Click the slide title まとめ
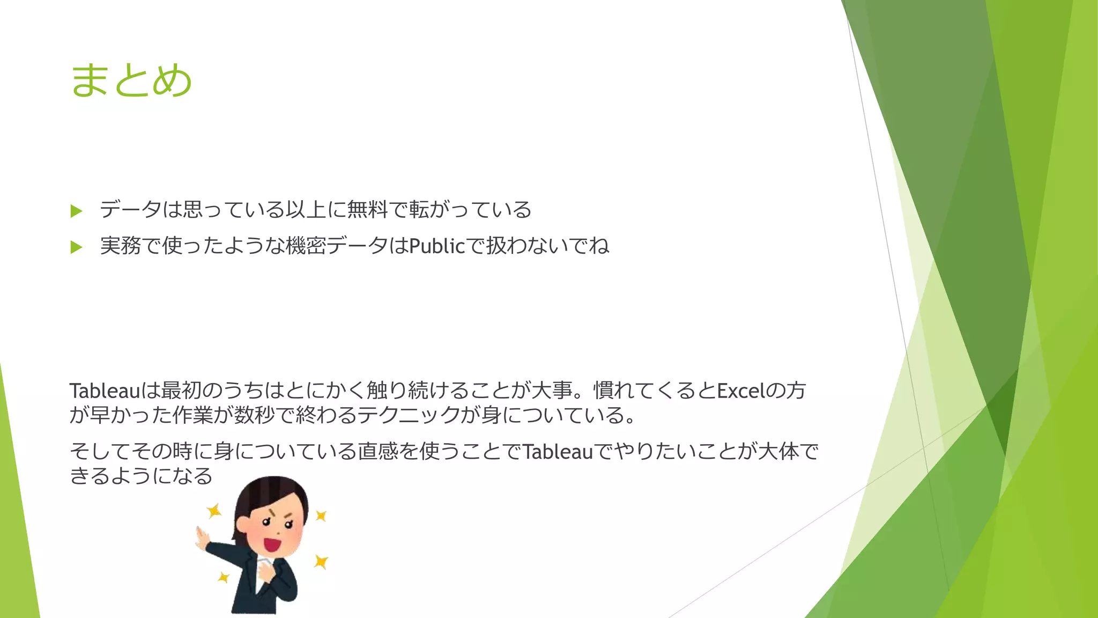pyautogui.click(x=131, y=80)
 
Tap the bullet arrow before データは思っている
pyautogui.click(x=76, y=211)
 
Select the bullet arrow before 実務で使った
pyautogui.click(x=76, y=247)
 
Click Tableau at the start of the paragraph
pyautogui.click(x=105, y=391)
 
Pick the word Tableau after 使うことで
pyautogui.click(x=558, y=452)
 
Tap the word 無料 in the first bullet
pyautogui.click(x=367, y=209)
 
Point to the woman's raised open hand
pyautogui.click(x=202, y=538)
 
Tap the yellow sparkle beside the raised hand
pyautogui.click(x=214, y=510)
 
